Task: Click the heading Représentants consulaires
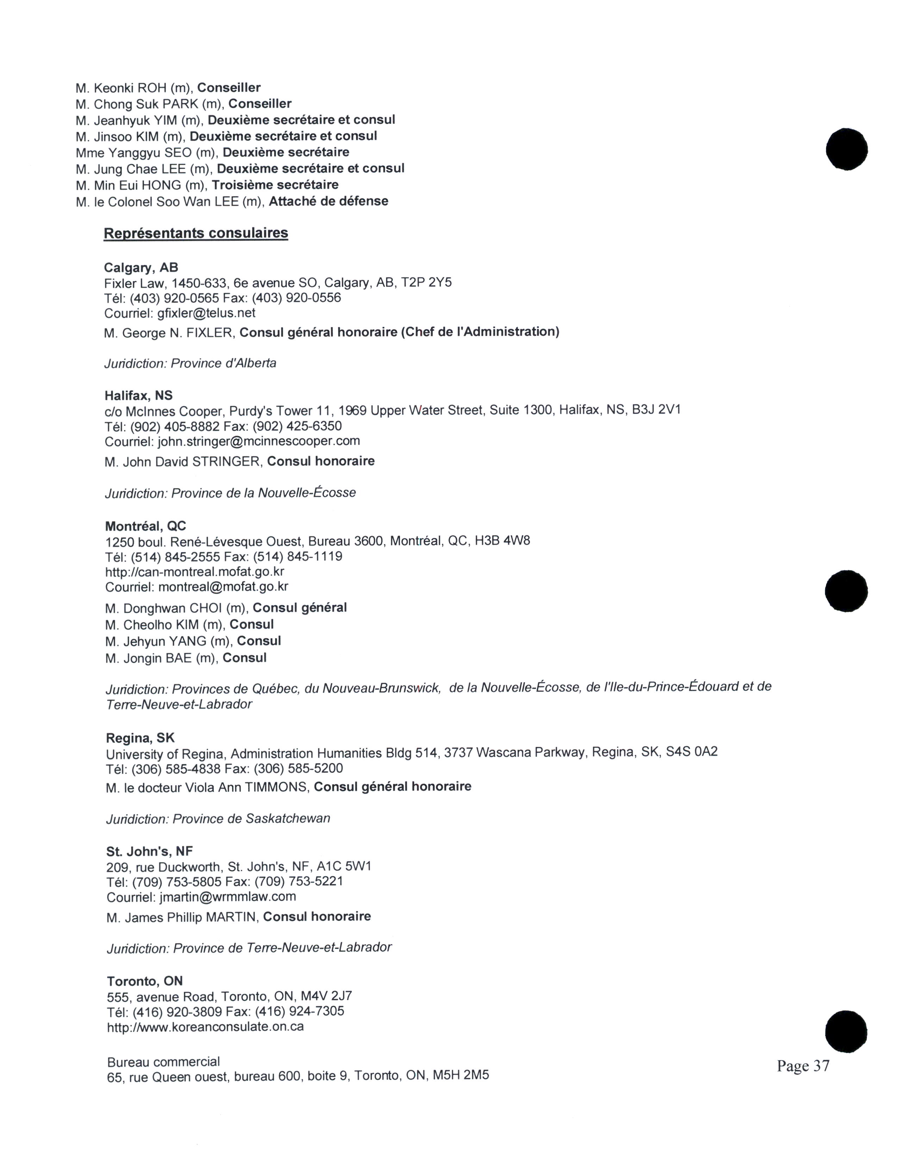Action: tap(196, 233)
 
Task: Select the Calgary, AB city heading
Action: tap(141, 267)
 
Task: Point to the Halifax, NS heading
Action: tap(139, 395)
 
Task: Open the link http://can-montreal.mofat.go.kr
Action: tap(195, 572)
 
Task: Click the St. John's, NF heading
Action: tap(149, 851)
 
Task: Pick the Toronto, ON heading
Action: tap(145, 981)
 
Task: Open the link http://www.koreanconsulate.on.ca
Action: tap(205, 1027)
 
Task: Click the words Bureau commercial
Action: tap(163, 1062)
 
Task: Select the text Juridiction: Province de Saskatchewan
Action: tap(218, 818)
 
